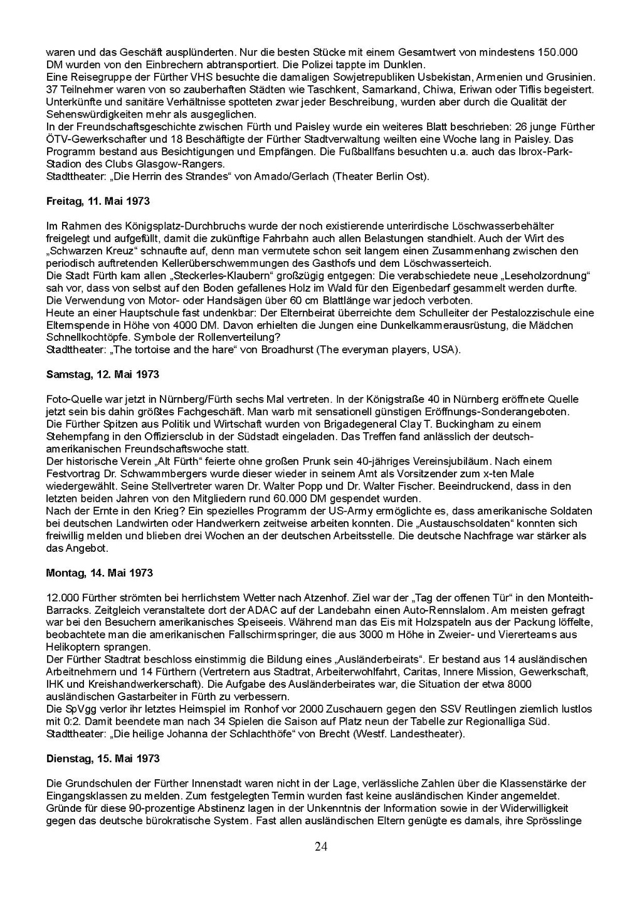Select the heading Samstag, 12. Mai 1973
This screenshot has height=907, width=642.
(x=103, y=375)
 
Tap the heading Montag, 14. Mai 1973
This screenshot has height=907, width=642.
(x=100, y=573)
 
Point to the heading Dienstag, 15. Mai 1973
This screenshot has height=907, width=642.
(x=103, y=758)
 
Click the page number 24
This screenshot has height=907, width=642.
(x=320, y=847)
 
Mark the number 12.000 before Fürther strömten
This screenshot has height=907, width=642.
(x=61, y=598)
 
